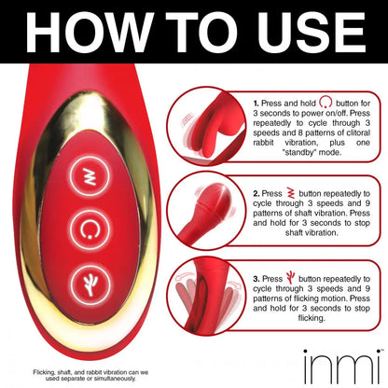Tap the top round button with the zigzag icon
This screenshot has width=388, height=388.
(90, 177)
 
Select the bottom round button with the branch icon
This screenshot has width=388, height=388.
(90, 284)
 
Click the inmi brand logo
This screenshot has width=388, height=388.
(342, 367)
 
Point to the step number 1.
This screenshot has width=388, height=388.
(256, 104)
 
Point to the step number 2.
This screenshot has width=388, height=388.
(256, 194)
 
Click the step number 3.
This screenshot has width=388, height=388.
(256, 279)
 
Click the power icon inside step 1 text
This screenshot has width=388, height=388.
(326, 102)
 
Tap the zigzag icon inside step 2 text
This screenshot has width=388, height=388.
(291, 193)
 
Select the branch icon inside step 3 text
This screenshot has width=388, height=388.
(290, 277)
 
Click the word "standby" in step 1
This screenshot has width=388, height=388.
(300, 152)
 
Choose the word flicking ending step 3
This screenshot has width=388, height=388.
(312, 318)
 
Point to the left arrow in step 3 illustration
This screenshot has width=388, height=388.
(185, 276)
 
